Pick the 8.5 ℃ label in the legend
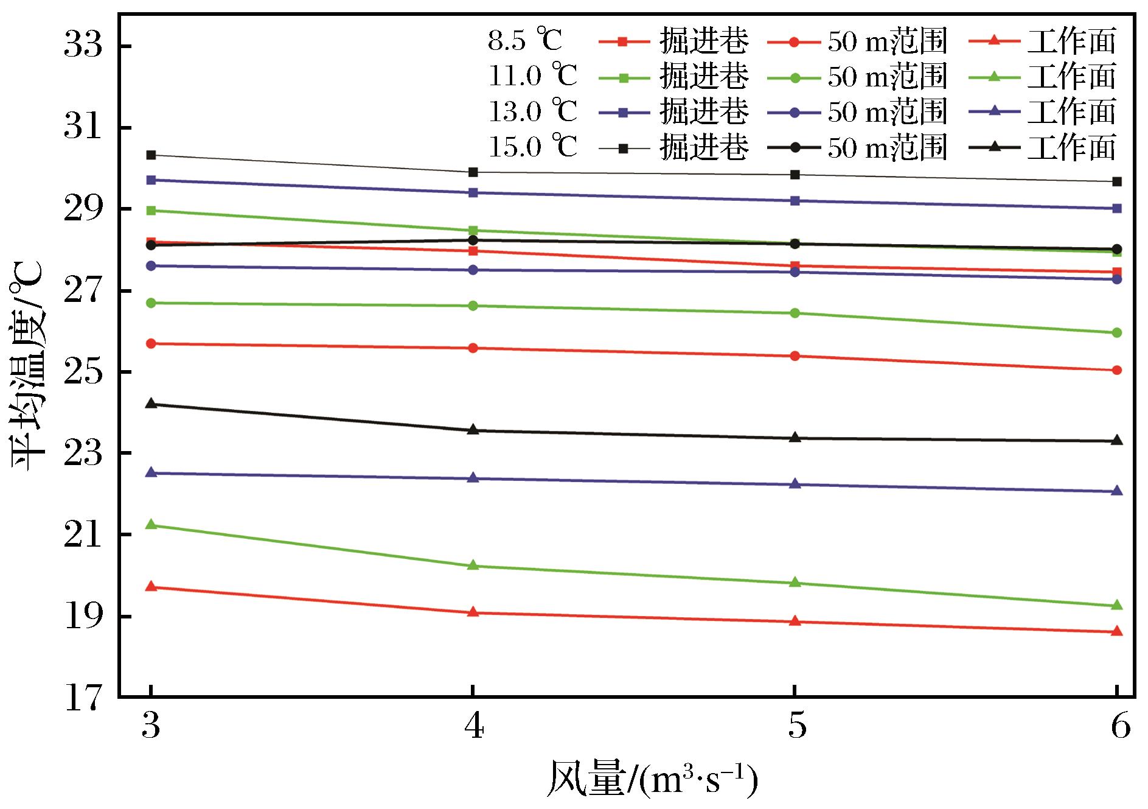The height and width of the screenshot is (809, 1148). [525, 41]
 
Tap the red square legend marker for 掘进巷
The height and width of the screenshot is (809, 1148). [622, 41]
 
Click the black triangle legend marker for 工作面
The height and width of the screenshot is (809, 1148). [993, 147]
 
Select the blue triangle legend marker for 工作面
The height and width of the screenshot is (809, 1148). [993, 111]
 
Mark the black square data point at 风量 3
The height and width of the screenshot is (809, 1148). [151, 155]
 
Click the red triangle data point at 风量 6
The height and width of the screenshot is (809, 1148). [1116, 632]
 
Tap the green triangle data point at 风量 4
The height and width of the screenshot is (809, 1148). [473, 566]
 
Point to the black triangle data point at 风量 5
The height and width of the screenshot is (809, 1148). [795, 438]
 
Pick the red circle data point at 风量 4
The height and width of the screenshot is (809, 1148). [473, 348]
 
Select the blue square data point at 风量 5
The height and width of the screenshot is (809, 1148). [795, 200]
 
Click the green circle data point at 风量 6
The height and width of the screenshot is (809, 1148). [1116, 333]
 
